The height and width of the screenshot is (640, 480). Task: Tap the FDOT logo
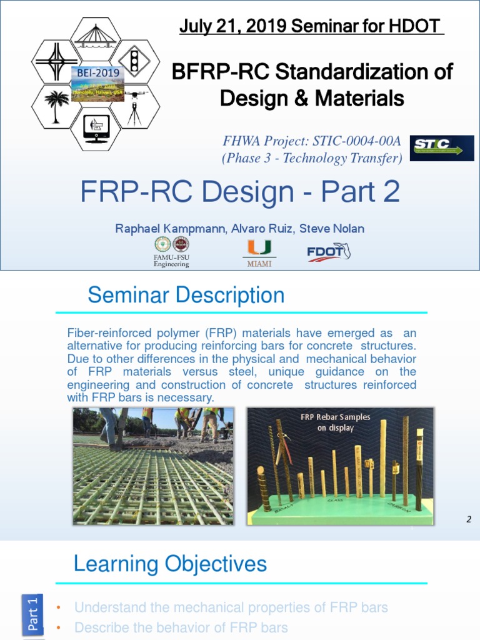(328, 252)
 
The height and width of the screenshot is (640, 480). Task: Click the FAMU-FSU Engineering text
(171, 261)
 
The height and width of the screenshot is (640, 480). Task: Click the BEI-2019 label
(97, 73)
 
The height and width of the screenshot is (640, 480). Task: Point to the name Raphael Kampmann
(164, 229)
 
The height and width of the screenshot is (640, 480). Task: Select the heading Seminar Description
(186, 295)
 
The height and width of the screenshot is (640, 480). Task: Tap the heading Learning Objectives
(170, 564)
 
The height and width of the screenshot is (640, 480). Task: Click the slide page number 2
(468, 518)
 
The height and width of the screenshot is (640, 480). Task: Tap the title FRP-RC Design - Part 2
(240, 192)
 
